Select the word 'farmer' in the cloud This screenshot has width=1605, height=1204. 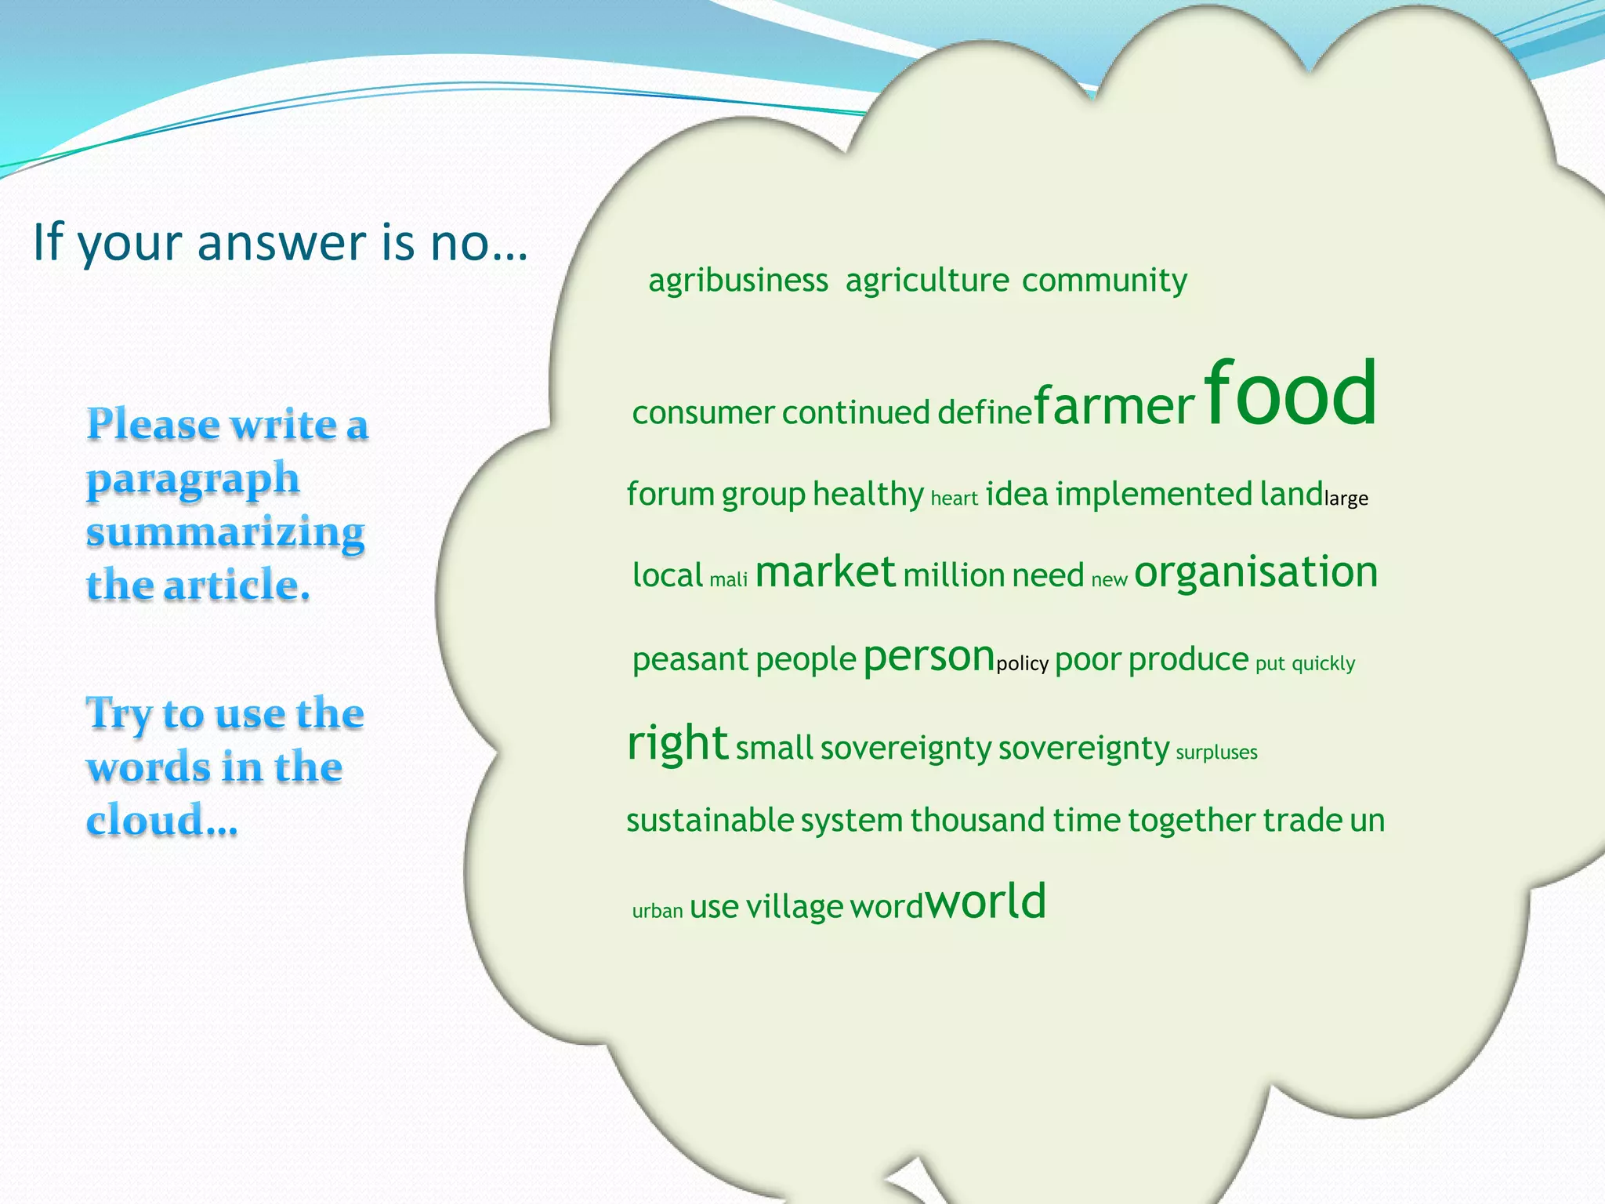(x=1114, y=406)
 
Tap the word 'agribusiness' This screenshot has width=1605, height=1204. (x=737, y=281)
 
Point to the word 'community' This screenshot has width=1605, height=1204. (x=1103, y=281)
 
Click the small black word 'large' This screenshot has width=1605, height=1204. (x=1346, y=499)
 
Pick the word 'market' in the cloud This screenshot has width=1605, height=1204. (x=824, y=572)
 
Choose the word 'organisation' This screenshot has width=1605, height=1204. (x=1255, y=572)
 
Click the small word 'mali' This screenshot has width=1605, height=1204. (x=728, y=580)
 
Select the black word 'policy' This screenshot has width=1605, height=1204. (x=1022, y=664)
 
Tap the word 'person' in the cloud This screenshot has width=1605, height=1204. (x=928, y=657)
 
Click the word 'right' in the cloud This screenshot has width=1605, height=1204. (x=677, y=743)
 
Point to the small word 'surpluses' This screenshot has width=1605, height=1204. (x=1216, y=752)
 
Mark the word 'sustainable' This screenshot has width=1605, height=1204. (x=710, y=821)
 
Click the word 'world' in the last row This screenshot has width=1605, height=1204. (x=986, y=901)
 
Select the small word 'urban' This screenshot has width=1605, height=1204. (x=657, y=911)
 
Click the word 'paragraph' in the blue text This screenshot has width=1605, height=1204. (x=193, y=478)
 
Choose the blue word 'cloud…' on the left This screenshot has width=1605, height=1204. (x=161, y=821)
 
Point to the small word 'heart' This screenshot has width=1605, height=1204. (x=954, y=499)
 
